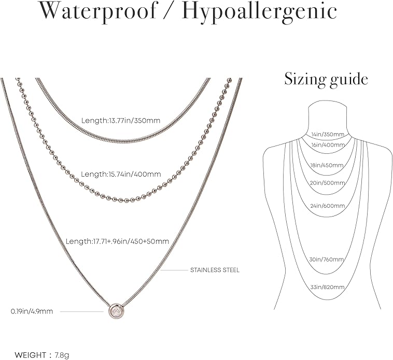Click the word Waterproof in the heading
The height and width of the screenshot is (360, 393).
(x=98, y=11)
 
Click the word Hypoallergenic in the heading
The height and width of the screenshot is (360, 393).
(x=259, y=12)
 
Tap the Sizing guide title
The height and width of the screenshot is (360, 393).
(x=326, y=80)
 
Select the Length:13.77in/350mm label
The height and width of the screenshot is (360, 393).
(x=121, y=120)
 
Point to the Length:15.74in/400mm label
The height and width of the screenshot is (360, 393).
(x=121, y=174)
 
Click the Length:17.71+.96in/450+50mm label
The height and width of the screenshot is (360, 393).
(x=117, y=241)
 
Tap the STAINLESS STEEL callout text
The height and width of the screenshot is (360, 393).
(x=215, y=270)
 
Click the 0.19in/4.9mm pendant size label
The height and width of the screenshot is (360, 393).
(x=32, y=311)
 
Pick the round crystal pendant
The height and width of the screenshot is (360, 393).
(x=116, y=311)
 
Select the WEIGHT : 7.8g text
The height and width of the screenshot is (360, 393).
(x=42, y=355)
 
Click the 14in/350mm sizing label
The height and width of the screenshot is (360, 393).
(x=328, y=134)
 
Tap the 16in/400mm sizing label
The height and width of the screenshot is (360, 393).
(x=328, y=145)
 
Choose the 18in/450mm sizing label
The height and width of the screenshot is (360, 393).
(x=327, y=165)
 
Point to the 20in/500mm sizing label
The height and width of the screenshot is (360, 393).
(x=327, y=183)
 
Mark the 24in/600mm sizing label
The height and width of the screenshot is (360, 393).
(x=328, y=206)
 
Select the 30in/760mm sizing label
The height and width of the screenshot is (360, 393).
(x=327, y=260)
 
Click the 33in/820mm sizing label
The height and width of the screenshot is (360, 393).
(x=327, y=287)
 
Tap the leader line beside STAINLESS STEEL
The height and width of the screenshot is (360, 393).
(x=174, y=270)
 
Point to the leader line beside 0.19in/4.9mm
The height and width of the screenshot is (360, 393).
(x=82, y=312)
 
